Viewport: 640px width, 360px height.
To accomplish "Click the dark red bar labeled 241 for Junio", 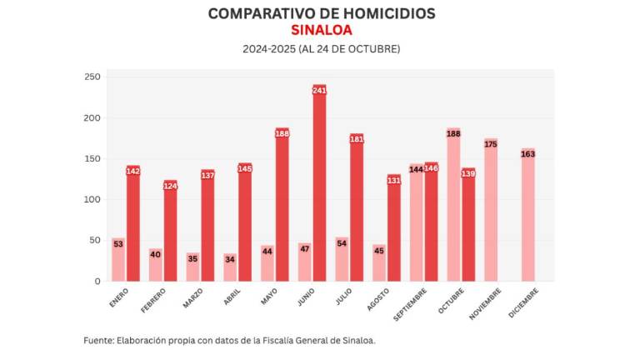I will pyautogui.click(x=319, y=183).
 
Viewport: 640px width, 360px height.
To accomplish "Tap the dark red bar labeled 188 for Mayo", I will pyautogui.click(x=282, y=205).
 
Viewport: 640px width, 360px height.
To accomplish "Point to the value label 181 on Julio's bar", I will pyautogui.click(x=357, y=139).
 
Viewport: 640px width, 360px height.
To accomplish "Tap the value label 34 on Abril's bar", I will pyautogui.click(x=230, y=259).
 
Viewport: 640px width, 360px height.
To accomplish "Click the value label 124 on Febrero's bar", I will pyautogui.click(x=170, y=186).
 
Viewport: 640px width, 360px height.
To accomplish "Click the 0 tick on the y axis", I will pyautogui.click(x=97, y=282).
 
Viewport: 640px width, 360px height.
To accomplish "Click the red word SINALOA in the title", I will pyautogui.click(x=320, y=30).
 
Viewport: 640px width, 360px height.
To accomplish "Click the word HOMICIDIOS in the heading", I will pyautogui.click(x=380, y=13).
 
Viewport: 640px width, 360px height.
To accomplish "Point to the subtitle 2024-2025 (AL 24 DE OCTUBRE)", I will pyautogui.click(x=320, y=49).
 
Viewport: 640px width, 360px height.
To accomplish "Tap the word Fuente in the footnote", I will pyautogui.click(x=99, y=340).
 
